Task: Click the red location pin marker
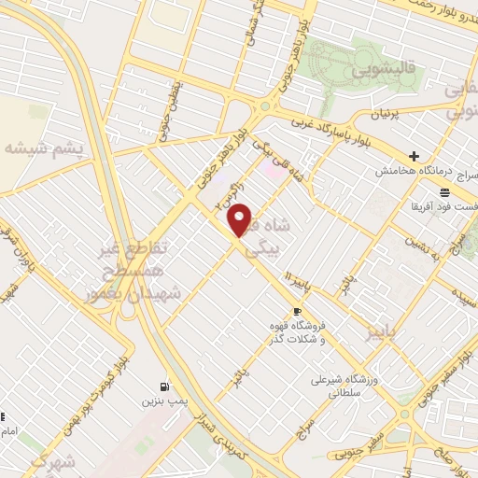tap(240, 219)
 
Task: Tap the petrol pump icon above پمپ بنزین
tap(165, 387)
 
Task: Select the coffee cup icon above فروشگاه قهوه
tap(297, 312)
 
